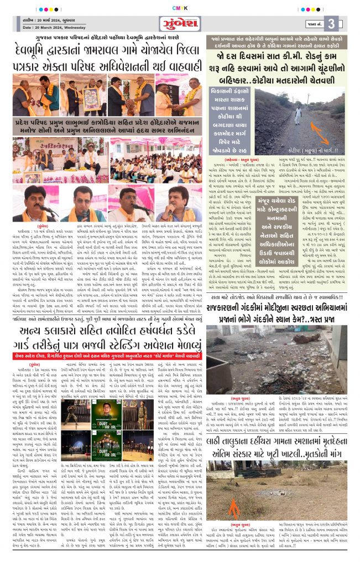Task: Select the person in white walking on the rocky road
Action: click(298, 113)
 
